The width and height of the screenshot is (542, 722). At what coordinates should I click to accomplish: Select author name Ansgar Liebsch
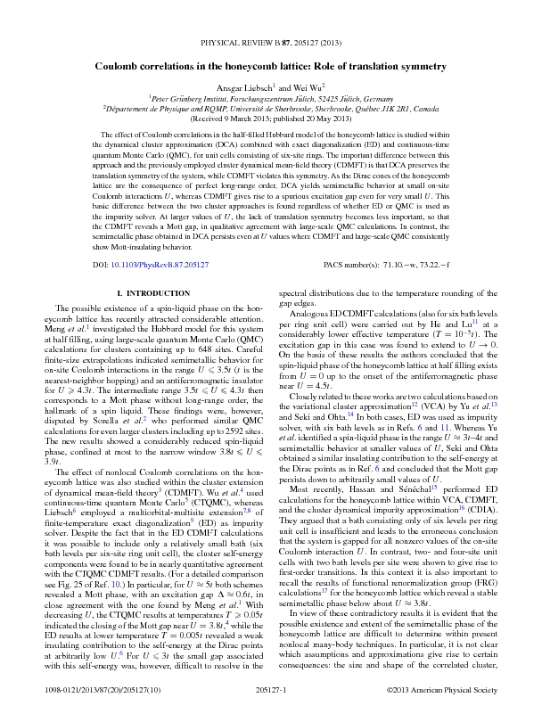(249, 87)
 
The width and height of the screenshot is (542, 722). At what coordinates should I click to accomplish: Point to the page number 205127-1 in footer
(269, 691)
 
